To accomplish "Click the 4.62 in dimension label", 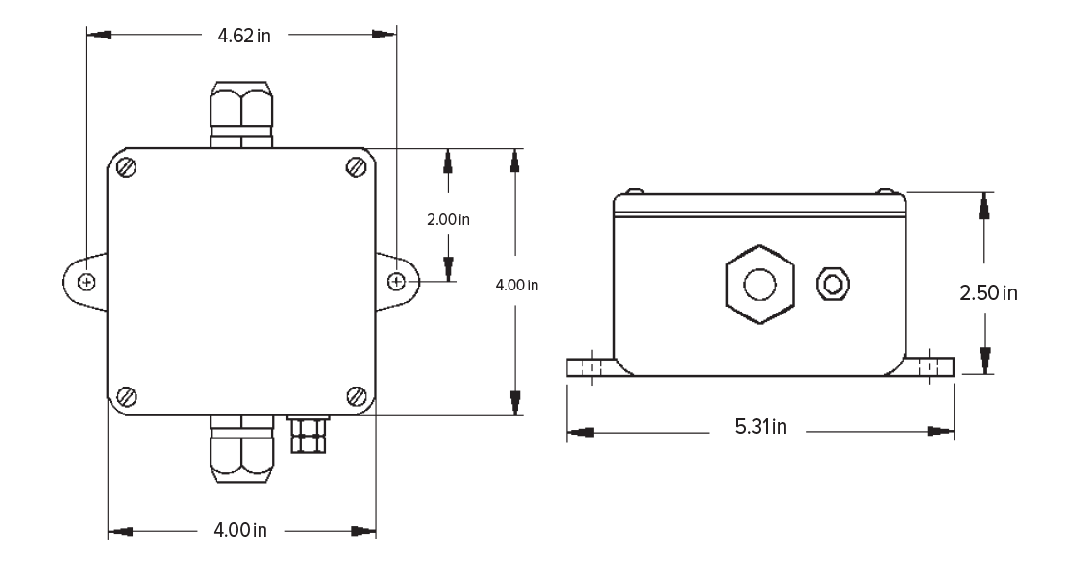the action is (243, 36).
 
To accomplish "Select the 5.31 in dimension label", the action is (760, 427).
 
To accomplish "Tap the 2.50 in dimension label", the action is (988, 293).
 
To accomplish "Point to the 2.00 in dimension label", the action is (448, 220).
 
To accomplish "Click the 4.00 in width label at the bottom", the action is (240, 530).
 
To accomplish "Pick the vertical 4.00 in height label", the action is (516, 285).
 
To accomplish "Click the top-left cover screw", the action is (127, 167).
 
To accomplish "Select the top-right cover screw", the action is (357, 166).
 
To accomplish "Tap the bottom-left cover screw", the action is (127, 396).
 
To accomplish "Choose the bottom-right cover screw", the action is (357, 395).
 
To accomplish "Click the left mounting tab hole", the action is (87, 282).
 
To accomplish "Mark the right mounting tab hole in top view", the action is (397, 281).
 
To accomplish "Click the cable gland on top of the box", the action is (241, 114).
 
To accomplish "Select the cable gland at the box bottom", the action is (241, 449).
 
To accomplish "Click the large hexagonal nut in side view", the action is (759, 285).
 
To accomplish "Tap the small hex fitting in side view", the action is (832, 284).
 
